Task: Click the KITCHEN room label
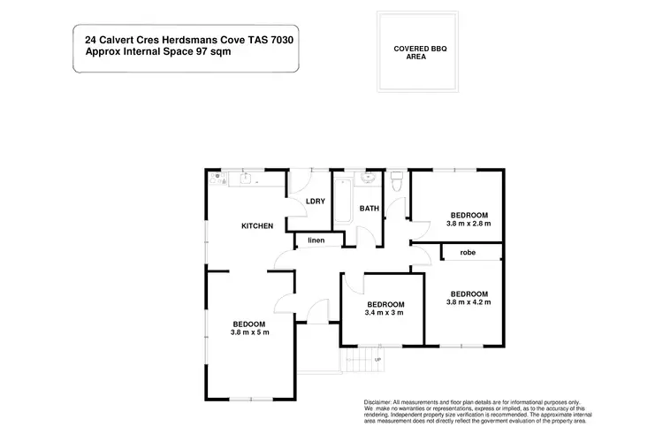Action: [x=257, y=226]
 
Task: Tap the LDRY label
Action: [x=316, y=202]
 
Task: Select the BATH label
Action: [x=369, y=209]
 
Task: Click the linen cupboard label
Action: [x=316, y=240]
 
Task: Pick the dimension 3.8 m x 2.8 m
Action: [x=468, y=224]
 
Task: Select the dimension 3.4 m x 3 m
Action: [x=384, y=312]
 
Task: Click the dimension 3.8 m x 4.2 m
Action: [x=468, y=301]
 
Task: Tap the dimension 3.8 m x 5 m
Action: [x=249, y=332]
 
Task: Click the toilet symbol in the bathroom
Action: [x=397, y=181]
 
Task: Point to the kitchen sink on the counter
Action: [x=247, y=179]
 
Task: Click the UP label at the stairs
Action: [x=378, y=360]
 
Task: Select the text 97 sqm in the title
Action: [x=225, y=51]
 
